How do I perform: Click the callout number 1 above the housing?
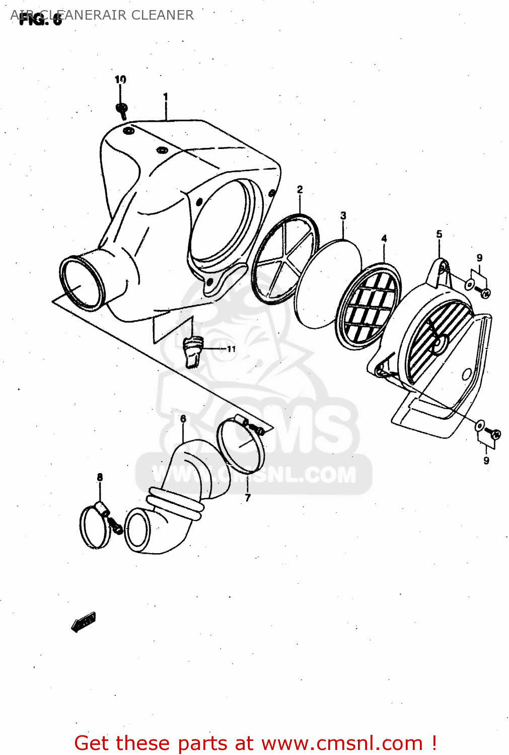coord(165,96)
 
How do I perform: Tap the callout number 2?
coord(300,189)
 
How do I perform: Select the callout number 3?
coord(343,215)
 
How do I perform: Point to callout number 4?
coord(384,238)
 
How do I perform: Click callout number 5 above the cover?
coord(439,234)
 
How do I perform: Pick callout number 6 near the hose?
coord(183,418)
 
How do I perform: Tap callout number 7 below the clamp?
coord(248,498)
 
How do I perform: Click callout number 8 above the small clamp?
coord(100,477)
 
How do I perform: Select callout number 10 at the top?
coord(120,79)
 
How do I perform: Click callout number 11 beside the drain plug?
coord(231,349)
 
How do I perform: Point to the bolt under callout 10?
coord(122,109)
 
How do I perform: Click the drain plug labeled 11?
coord(192,351)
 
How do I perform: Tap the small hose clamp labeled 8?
coord(96,526)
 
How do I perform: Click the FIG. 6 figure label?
coord(40,20)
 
